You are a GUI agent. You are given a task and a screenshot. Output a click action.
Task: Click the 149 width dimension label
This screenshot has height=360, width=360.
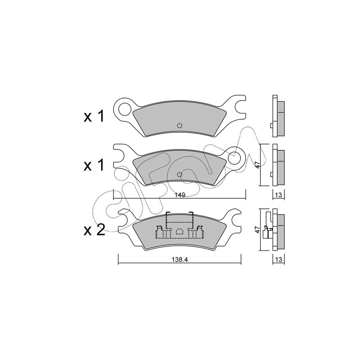pos(180,195)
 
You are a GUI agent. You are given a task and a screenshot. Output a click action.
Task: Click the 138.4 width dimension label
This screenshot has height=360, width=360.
pos(180,260)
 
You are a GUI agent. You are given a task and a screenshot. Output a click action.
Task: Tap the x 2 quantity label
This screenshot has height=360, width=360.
pos(94,230)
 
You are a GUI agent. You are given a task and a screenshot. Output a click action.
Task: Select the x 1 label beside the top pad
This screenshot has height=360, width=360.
pos(94,117)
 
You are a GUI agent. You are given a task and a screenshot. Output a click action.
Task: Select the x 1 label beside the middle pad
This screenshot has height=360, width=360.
pos(94,165)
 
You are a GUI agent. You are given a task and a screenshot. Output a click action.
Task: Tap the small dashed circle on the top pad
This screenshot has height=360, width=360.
pos(180,126)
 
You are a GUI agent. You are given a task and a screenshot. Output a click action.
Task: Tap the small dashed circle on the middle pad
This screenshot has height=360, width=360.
pos(180,175)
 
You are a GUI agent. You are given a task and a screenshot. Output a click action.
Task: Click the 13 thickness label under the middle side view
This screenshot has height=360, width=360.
pos(278,195)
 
